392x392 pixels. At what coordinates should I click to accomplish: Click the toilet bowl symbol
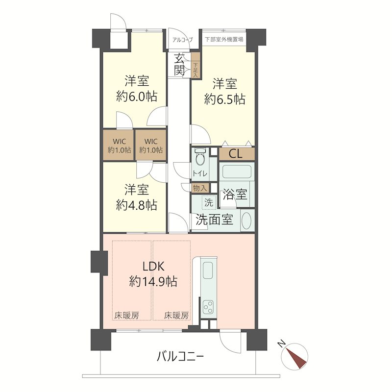[x=200, y=157]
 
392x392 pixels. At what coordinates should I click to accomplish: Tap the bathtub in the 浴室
[x=237, y=171]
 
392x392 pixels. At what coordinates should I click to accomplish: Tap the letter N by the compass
[x=282, y=344]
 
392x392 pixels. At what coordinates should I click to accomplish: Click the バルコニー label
[x=180, y=357]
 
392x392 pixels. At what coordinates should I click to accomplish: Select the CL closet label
[x=236, y=154]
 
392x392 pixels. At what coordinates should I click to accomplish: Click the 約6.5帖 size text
[x=225, y=99]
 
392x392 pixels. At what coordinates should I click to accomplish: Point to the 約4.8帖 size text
[x=137, y=205]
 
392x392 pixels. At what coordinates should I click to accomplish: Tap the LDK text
[x=153, y=267]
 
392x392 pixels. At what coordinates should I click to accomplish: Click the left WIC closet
[x=119, y=146]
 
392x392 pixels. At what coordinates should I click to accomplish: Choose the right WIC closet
[x=151, y=146]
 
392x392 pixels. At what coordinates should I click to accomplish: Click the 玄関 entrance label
[x=179, y=65]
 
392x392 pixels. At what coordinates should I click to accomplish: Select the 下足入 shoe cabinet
[x=196, y=66]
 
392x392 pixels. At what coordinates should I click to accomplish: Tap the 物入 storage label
[x=200, y=188]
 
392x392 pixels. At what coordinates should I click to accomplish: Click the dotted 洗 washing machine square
[x=209, y=202]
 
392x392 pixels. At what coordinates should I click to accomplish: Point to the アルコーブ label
[x=182, y=40]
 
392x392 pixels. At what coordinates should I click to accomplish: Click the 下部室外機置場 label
[x=224, y=39]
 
